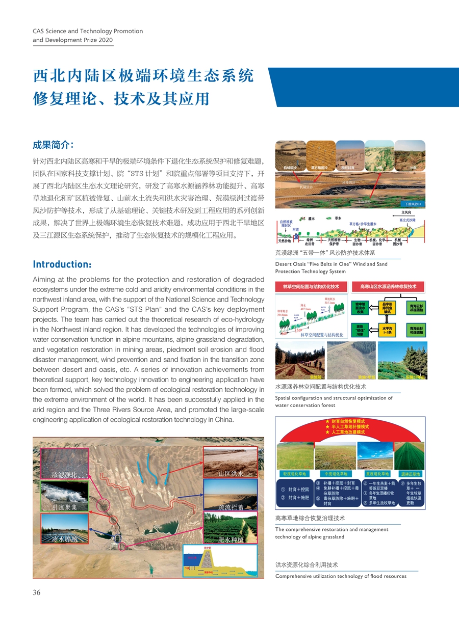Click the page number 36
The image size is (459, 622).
[37, 592]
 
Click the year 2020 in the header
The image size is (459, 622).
[106, 40]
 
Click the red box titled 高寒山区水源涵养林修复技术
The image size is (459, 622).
[389, 286]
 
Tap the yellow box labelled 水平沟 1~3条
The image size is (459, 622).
[387, 331]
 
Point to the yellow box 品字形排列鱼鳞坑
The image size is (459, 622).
[387, 308]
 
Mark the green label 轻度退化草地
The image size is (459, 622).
[293, 474]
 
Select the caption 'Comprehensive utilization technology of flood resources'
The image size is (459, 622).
[341, 576]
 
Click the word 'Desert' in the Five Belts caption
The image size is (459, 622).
[285, 264]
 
